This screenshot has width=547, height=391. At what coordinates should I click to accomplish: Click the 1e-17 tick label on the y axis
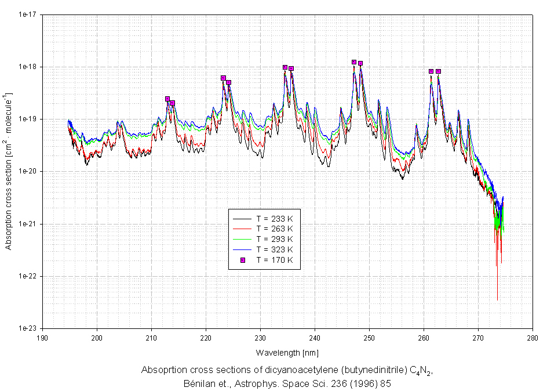coord(28,14)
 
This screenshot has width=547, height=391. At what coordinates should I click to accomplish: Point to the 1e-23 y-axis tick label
coord(28,328)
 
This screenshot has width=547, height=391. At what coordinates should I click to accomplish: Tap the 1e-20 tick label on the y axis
coord(28,171)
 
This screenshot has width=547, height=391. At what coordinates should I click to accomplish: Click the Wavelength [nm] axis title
coord(287,352)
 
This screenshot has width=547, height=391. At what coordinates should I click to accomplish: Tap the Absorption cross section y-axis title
coord(8,171)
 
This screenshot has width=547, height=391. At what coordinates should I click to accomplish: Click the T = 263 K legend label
coord(275,229)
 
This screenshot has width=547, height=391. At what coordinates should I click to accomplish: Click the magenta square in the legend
coord(243,260)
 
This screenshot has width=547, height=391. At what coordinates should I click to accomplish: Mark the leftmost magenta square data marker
coord(167,99)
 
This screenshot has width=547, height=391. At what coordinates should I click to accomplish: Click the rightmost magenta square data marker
coord(439,71)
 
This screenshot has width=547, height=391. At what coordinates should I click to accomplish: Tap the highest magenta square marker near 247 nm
coord(354,61)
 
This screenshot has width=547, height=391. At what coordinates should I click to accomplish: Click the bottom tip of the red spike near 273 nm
coord(497,300)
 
